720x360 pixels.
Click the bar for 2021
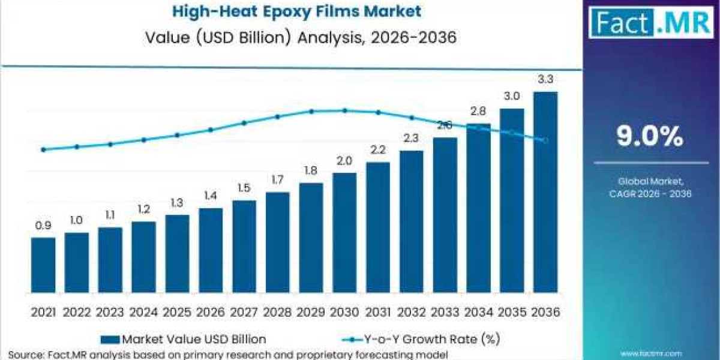click(x=43, y=265)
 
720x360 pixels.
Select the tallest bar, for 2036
click(x=545, y=192)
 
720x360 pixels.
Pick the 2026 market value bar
click(x=211, y=250)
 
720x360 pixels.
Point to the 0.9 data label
click(x=43, y=226)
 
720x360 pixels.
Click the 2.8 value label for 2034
click(x=478, y=112)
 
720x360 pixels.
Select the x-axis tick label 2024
click(x=143, y=313)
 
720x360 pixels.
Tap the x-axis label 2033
click(x=445, y=313)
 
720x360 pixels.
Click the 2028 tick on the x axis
click(x=277, y=313)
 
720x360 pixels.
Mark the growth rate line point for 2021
click(x=43, y=149)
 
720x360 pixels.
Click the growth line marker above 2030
click(x=344, y=110)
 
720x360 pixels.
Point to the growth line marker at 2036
click(x=545, y=140)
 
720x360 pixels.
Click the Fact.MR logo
click(x=650, y=22)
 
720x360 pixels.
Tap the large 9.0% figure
click(x=650, y=137)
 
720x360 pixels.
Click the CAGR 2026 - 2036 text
click(x=650, y=194)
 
